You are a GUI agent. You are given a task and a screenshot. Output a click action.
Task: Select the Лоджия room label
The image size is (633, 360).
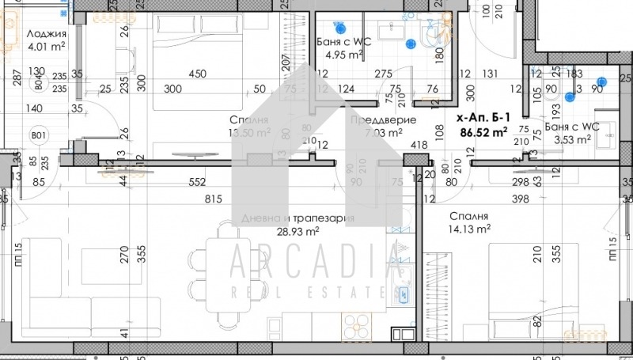point(46,33)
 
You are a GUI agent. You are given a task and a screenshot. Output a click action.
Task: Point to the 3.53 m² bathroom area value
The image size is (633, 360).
point(572,140)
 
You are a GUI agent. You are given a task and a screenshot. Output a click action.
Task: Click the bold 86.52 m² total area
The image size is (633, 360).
point(483,133)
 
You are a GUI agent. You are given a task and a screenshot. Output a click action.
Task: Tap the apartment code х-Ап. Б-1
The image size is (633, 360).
point(484,117)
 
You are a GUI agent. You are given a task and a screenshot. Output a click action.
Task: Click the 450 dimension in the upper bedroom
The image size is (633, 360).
point(197,74)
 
